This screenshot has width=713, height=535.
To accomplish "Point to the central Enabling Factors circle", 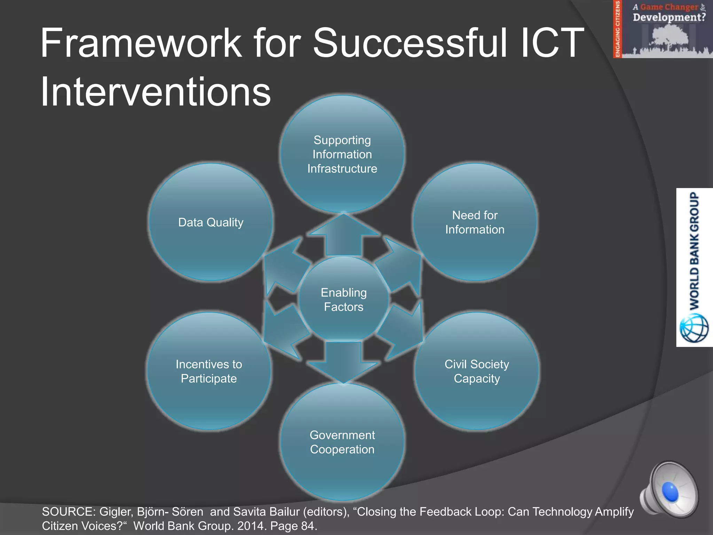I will (344, 300).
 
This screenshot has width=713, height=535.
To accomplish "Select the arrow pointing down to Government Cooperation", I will (344, 362).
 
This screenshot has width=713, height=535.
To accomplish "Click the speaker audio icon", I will (668, 489).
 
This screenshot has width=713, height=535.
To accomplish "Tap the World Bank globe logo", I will (694, 328).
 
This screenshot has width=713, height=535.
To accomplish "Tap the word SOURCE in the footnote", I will (68, 512).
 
